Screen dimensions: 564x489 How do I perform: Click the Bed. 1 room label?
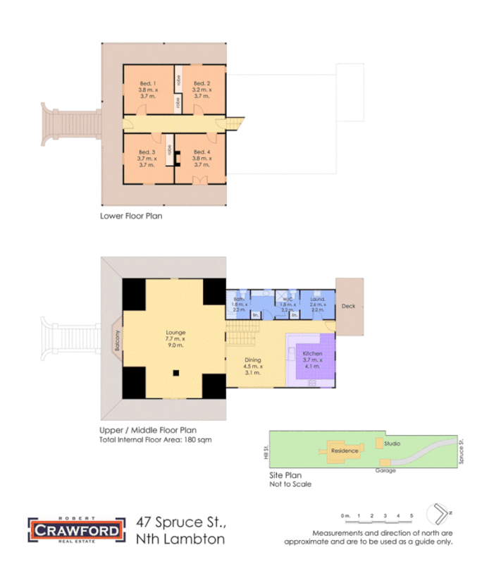click(x=148, y=83)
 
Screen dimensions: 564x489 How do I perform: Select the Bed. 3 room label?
click(x=146, y=152)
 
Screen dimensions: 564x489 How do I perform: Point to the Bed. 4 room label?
click(x=202, y=152)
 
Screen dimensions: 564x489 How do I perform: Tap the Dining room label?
click(x=252, y=360)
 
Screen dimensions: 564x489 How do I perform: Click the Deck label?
click(x=348, y=307)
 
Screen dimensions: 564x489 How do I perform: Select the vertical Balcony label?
click(x=118, y=341)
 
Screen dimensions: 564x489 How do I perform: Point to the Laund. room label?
click(x=316, y=299)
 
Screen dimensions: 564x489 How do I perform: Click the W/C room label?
click(x=287, y=299)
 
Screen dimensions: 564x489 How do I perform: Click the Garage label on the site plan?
click(x=385, y=470)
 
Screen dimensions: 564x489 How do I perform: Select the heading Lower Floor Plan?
click(x=131, y=216)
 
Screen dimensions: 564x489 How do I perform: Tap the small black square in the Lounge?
click(x=176, y=372)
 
